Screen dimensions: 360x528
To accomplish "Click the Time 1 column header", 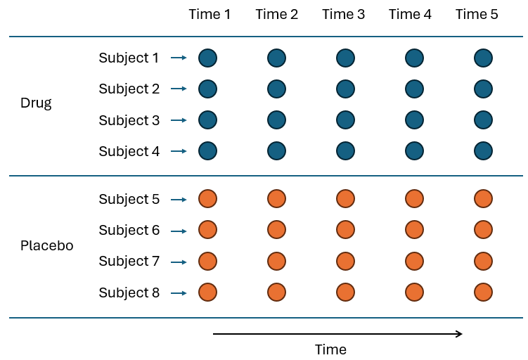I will click(210, 14).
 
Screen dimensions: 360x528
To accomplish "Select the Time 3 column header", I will click(343, 14).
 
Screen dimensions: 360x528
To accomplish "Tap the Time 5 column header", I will click(477, 14).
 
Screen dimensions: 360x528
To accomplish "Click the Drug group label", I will click(36, 103).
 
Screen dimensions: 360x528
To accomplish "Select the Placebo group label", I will click(46, 246).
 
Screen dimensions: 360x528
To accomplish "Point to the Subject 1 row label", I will click(129, 58).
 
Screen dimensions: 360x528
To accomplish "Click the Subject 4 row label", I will click(129, 151).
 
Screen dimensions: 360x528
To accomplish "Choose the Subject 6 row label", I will click(129, 230).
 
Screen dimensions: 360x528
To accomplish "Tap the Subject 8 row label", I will click(129, 292).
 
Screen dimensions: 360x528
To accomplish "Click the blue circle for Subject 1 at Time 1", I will click(207, 58).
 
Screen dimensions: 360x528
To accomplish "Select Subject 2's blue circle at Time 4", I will click(414, 89).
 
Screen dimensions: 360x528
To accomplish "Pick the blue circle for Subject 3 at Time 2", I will click(276, 120).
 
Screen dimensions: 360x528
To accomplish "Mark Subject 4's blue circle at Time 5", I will click(483, 151).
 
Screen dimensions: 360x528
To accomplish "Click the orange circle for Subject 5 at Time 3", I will click(345, 199).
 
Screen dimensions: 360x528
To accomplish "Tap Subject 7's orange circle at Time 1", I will click(207, 262).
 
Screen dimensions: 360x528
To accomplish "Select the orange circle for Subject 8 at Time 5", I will click(483, 292).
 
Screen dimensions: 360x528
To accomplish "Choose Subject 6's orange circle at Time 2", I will click(276, 230).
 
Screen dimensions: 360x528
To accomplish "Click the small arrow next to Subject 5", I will click(179, 200).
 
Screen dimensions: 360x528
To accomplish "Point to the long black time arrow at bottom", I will click(337, 333).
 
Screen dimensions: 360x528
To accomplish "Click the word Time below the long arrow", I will click(330, 349).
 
